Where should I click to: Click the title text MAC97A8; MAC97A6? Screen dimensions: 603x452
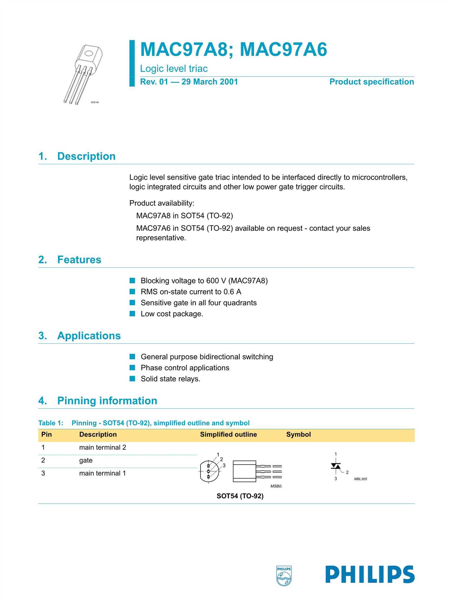point(233,49)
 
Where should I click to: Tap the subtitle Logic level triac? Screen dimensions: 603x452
point(174,68)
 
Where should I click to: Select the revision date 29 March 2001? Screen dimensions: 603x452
point(210,82)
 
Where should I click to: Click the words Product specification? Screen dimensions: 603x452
point(371,82)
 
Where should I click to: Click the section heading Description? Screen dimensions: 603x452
point(86,156)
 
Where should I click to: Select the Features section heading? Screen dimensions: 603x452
point(79,260)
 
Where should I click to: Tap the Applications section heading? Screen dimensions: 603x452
point(89,335)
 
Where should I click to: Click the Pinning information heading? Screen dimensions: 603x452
point(107,400)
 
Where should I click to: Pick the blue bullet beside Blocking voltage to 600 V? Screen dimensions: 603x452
point(132,281)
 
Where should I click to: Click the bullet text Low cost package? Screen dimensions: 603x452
point(172,314)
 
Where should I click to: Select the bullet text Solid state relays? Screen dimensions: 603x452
point(170,379)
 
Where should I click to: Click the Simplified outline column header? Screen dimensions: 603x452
point(228,434)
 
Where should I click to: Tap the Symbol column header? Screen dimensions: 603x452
point(298,434)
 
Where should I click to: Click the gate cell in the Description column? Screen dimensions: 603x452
point(86,460)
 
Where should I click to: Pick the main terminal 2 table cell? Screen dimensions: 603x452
point(103,447)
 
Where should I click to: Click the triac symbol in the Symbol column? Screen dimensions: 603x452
point(336,466)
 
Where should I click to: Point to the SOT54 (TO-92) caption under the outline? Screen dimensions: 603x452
point(240,496)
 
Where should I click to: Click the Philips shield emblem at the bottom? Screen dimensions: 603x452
point(284,576)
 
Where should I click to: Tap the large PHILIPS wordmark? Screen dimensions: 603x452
point(370,574)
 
